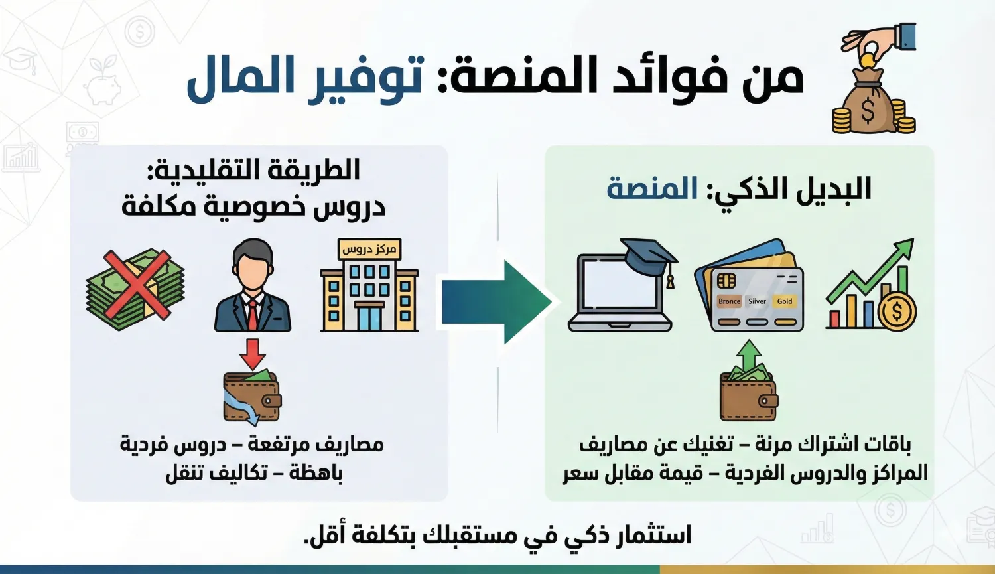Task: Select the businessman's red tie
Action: tap(253, 315)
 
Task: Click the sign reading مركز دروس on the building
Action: tap(369, 250)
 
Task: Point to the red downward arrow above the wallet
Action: tap(252, 354)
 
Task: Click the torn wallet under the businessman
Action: tap(251, 397)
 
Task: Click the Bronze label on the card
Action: tap(729, 301)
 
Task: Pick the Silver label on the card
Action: tap(757, 301)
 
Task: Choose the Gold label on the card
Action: tap(785, 301)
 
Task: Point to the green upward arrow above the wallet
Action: tap(749, 355)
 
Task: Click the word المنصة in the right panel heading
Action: tap(653, 190)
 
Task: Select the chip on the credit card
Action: tap(727, 281)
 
